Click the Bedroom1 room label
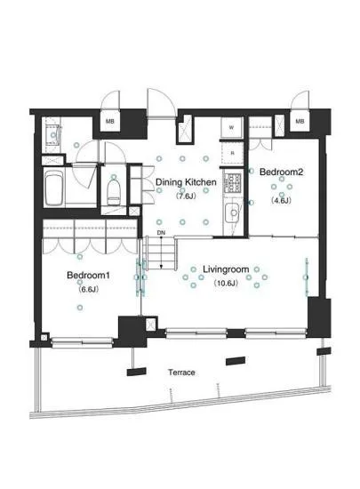(x=88, y=275)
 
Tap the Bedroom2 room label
(x=281, y=172)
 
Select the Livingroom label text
(x=226, y=269)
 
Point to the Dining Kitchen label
(x=186, y=182)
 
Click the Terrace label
(x=181, y=372)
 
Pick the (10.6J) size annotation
(x=226, y=283)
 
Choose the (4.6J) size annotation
(x=281, y=200)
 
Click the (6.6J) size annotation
(x=89, y=290)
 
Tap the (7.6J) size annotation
(x=186, y=196)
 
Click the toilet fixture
(x=114, y=191)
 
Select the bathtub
(x=54, y=188)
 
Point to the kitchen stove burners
(x=234, y=182)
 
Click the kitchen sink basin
(x=233, y=213)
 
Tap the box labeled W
(x=231, y=127)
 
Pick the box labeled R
(x=232, y=153)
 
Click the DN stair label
(x=161, y=233)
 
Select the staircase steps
(x=160, y=252)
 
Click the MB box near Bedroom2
(x=300, y=121)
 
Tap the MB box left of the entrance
(x=109, y=121)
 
